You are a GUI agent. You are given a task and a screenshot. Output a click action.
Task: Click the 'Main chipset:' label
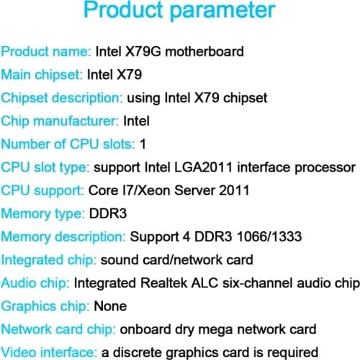42,74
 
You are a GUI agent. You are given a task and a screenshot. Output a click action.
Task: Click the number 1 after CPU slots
143,143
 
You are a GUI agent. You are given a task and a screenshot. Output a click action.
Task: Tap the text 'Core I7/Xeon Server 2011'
168,190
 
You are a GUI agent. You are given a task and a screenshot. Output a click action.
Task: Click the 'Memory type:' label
42,214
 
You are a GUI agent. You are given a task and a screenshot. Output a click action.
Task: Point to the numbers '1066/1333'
269,237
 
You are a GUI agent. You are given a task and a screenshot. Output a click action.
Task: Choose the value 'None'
111,306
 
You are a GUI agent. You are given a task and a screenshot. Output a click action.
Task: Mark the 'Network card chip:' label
58,329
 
